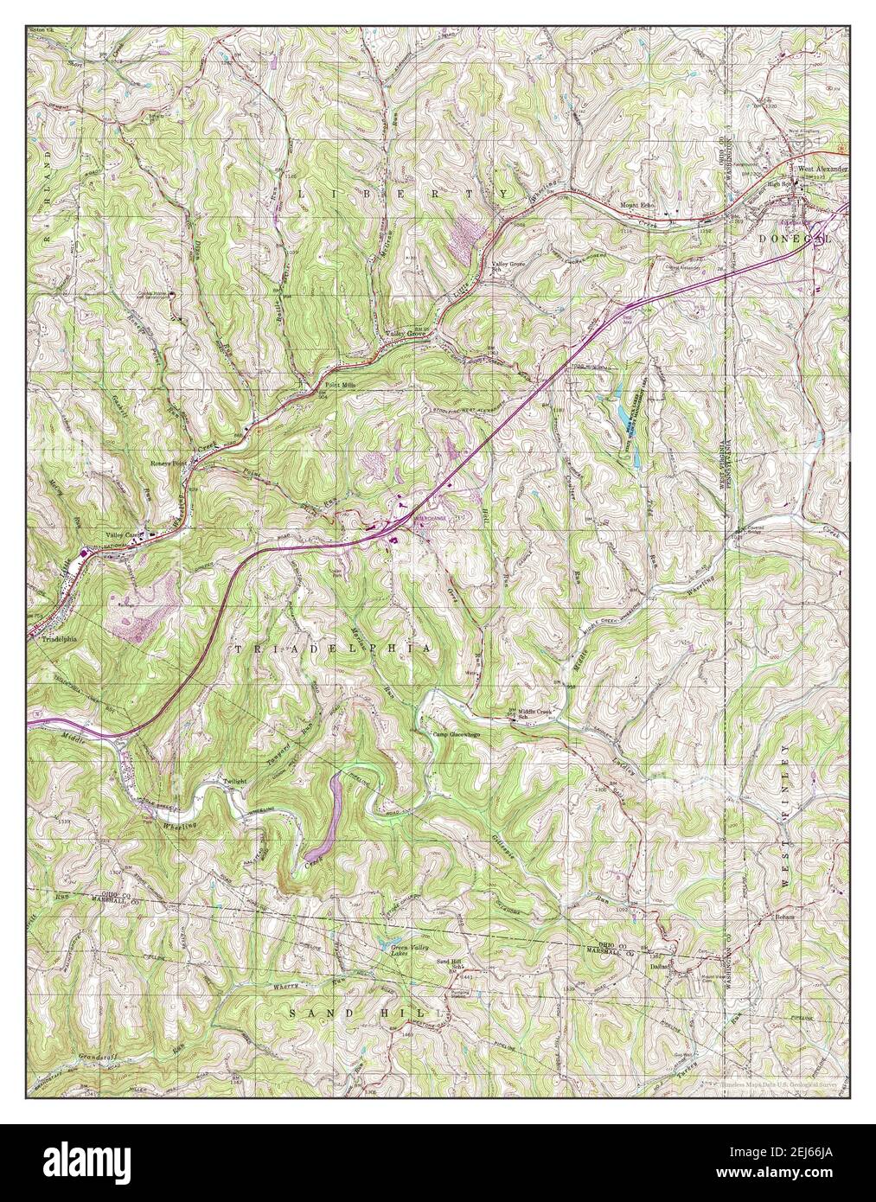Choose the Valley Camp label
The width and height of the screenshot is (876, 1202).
click(x=122, y=534)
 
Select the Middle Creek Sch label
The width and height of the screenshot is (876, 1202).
click(x=536, y=713)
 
